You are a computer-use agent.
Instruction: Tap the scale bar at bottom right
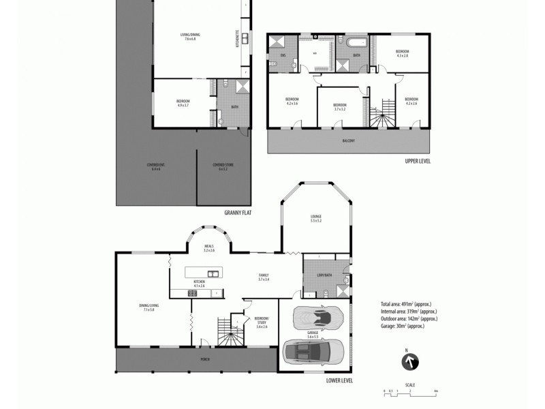point(409,391)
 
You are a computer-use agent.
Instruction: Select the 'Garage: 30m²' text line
point(403,326)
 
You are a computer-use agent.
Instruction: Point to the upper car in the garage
point(315,318)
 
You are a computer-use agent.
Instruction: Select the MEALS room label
point(209,249)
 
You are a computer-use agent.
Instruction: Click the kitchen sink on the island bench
point(214,274)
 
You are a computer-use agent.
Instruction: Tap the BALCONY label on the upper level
point(348,140)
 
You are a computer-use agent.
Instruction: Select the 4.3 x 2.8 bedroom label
point(403,53)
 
